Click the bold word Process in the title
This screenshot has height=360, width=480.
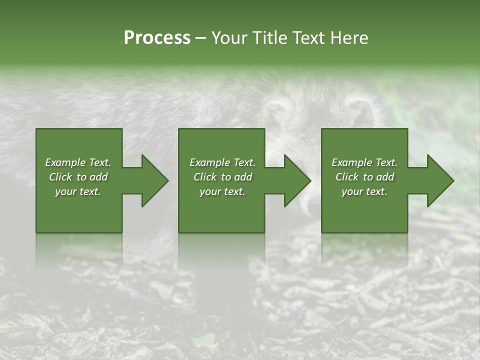coord(157,38)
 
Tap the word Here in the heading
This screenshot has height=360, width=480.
coord(350,38)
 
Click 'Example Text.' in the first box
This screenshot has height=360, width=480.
coord(78,162)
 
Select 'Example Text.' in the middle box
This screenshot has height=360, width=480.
coord(222,162)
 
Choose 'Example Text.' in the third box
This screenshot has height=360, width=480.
coord(364,162)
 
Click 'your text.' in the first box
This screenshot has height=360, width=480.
coord(78,191)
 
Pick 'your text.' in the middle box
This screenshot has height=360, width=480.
coord(222,191)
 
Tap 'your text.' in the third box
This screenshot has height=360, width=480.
coord(364,191)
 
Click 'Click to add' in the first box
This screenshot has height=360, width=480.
coord(78,177)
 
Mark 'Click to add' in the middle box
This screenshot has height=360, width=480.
coord(222,177)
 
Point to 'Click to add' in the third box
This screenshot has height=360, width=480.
coord(364,177)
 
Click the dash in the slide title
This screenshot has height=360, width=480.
coord(201,38)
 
